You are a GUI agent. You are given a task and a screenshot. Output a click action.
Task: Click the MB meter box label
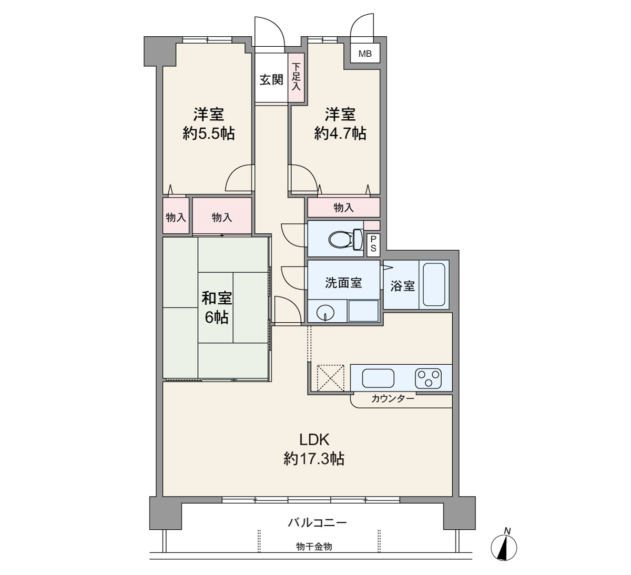coord(365,54)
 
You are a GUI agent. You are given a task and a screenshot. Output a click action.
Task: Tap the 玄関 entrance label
coord(271,80)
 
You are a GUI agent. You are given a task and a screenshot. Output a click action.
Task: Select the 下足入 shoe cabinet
coord(297,77)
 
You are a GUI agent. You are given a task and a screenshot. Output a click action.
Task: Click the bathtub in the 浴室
coord(434,285)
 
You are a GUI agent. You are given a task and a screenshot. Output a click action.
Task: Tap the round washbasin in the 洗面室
coord(325,313)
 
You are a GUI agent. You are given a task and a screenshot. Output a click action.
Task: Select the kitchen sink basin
coord(378,378)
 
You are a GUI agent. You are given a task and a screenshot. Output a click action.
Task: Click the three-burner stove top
coord(428,378)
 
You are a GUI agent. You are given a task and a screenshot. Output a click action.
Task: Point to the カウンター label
coord(393,399)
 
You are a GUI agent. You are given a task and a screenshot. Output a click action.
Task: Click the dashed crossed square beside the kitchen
coord(330,378)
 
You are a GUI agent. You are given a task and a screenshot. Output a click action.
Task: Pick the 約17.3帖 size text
coord(313,459)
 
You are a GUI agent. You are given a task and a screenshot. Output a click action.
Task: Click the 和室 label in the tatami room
coord(217,298)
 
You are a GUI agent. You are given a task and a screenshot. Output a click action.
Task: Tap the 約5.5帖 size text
coord(209,134)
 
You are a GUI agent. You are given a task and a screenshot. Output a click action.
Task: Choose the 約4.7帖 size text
coord(340,134)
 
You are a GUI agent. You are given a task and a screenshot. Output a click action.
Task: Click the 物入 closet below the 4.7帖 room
coord(343,207)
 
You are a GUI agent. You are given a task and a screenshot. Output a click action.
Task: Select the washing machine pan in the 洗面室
coord(363,311)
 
